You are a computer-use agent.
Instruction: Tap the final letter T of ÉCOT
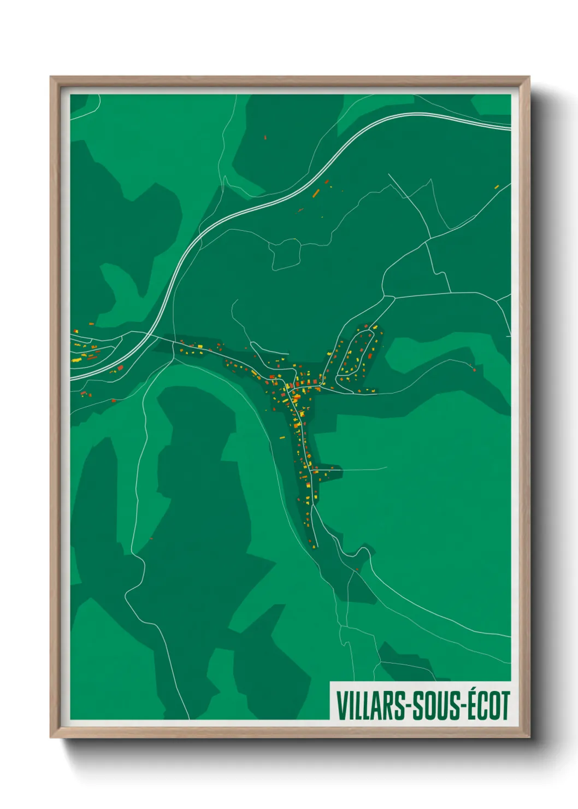point(505,706)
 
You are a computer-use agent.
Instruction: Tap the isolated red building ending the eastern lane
point(474,370)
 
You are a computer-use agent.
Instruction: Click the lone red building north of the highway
point(265,138)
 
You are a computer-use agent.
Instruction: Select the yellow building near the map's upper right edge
point(497,186)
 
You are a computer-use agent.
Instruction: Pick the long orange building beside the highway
point(316,192)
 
